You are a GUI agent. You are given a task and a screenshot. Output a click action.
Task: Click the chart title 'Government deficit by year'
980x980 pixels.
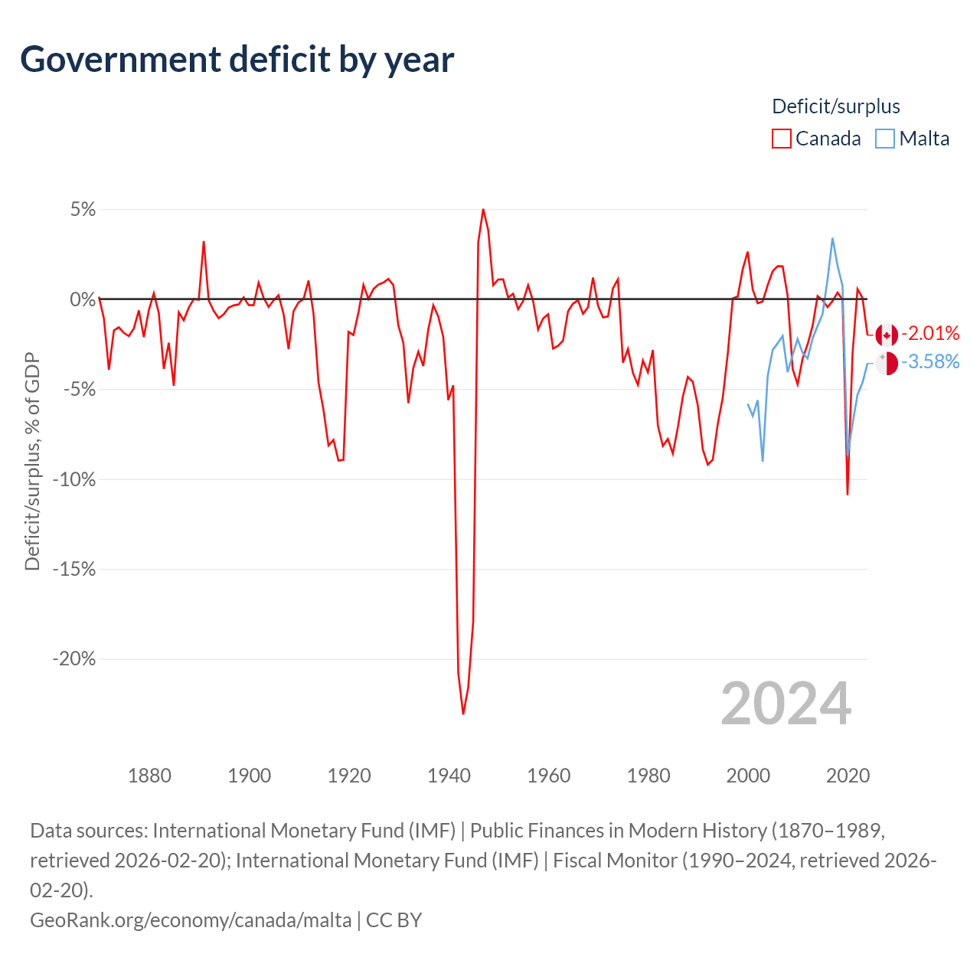(x=237, y=60)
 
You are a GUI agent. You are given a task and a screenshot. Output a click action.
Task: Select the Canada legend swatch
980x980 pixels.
(x=781, y=139)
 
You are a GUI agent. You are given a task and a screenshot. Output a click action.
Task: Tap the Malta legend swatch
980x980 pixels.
(x=885, y=139)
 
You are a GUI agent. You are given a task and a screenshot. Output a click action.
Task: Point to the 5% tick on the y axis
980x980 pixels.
(x=83, y=210)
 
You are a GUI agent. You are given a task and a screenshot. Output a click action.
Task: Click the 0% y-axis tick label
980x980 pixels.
(x=83, y=299)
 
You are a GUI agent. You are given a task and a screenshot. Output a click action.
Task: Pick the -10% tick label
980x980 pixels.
(x=74, y=479)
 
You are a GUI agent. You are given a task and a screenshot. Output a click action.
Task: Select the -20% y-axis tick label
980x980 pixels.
(x=74, y=659)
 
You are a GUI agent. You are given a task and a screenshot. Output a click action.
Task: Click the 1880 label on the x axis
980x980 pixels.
(x=149, y=776)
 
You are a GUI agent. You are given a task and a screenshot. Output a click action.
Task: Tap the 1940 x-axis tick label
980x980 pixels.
(x=449, y=776)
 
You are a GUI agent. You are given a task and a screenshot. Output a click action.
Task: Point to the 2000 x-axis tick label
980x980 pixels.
(x=748, y=776)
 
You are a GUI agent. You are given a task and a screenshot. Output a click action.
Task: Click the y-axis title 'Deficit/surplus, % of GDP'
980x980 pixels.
(x=32, y=462)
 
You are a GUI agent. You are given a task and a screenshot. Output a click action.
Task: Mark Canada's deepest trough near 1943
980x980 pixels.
(x=463, y=714)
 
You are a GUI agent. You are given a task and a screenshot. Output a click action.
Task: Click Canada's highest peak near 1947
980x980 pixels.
(x=483, y=209)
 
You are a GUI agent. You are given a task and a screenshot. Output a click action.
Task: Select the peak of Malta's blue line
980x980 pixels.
(x=832, y=239)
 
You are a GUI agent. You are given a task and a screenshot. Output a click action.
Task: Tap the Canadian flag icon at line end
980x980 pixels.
(x=887, y=335)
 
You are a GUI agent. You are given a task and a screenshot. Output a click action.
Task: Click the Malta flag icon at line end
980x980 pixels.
(x=887, y=363)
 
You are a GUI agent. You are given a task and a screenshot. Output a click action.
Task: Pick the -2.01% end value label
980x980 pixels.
(x=930, y=333)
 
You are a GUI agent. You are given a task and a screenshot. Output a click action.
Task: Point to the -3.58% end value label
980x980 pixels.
(x=930, y=361)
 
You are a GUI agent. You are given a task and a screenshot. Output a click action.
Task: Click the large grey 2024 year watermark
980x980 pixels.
(x=786, y=704)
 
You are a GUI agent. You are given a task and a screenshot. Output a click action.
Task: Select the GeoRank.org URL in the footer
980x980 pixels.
(x=191, y=920)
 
